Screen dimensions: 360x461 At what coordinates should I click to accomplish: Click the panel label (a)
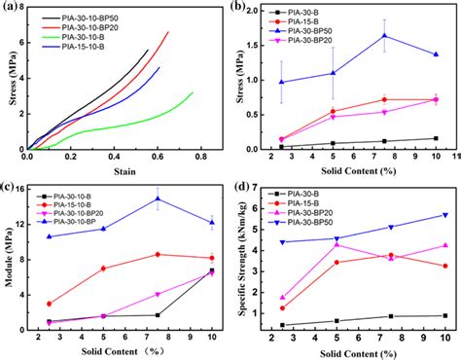tap(14, 9)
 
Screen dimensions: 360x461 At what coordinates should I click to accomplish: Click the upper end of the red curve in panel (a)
tap(168, 32)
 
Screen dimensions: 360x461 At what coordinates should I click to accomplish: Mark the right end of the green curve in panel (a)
tap(193, 92)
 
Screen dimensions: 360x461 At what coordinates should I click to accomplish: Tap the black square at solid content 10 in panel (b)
tap(435, 138)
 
